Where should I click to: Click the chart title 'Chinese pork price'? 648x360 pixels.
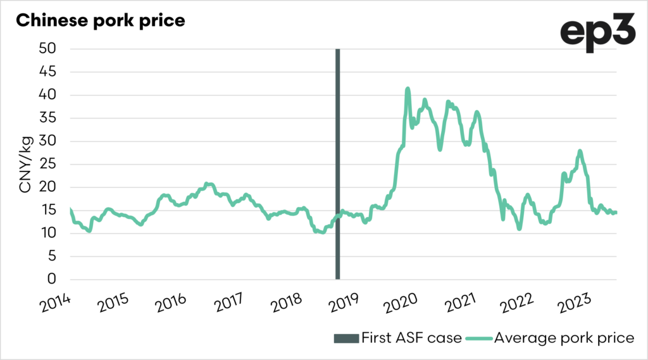[x=100, y=20]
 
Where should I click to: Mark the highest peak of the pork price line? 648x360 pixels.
[x=408, y=89]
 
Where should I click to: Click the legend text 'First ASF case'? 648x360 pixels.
[x=411, y=338]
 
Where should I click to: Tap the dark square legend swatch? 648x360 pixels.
[x=345, y=338]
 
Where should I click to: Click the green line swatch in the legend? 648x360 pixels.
[x=479, y=338]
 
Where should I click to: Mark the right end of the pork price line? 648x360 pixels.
[x=616, y=213]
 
